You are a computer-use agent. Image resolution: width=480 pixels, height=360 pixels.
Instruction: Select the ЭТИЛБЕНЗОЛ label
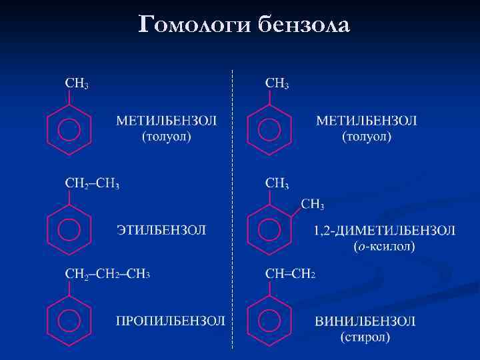pyautogui.click(x=161, y=230)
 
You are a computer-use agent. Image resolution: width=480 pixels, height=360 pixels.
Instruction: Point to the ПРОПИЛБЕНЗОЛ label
pyautogui.click(x=171, y=321)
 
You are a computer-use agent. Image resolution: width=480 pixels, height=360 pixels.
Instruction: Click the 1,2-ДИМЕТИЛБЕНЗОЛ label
pyautogui.click(x=385, y=231)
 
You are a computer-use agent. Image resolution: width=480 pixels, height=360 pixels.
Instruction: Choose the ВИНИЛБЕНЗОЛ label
pyautogui.click(x=365, y=321)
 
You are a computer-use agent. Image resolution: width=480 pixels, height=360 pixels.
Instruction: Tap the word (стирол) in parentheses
pyautogui.click(x=365, y=337)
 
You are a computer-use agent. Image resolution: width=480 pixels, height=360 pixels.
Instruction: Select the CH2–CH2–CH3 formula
pyautogui.click(x=107, y=274)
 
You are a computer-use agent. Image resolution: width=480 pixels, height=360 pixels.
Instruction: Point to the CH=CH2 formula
pyautogui.click(x=290, y=274)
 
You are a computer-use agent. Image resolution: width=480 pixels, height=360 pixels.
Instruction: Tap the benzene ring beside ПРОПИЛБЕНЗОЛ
pyautogui.click(x=68, y=321)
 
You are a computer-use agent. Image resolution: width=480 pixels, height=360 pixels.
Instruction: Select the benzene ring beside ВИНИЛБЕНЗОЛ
pyautogui.click(x=269, y=321)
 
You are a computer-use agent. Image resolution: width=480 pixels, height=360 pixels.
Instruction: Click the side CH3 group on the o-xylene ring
pyautogui.click(x=313, y=204)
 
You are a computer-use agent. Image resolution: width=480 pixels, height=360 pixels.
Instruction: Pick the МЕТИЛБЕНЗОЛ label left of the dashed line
pyautogui.click(x=167, y=121)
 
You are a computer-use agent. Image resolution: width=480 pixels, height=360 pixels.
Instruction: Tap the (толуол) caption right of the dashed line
pyautogui.click(x=367, y=137)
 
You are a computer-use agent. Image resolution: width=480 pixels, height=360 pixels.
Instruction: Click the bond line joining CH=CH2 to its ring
pyautogui.click(x=269, y=289)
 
